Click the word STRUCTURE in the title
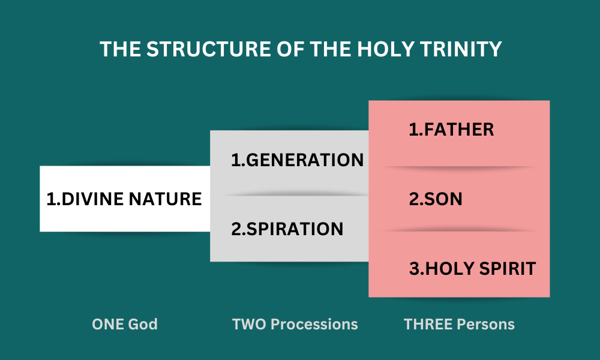(209, 49)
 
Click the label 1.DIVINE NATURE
(124, 199)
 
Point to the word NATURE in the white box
(165, 199)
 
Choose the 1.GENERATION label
(298, 160)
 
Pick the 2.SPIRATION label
(287, 229)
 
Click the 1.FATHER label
(451, 130)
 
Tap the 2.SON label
(436, 199)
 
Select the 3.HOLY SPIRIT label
(472, 268)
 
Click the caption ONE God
(125, 325)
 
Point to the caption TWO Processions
(295, 325)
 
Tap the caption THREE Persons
(459, 325)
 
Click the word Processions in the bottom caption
(314, 325)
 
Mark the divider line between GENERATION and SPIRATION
(296, 195)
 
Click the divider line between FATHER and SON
(459, 167)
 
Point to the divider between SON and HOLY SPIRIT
(459, 230)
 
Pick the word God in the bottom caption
(143, 325)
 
